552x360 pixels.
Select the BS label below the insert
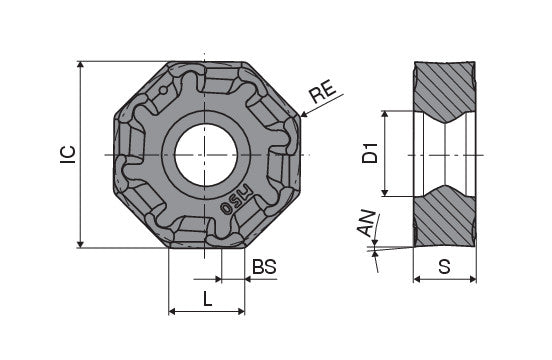(x=263, y=267)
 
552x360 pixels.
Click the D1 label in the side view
(x=369, y=154)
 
